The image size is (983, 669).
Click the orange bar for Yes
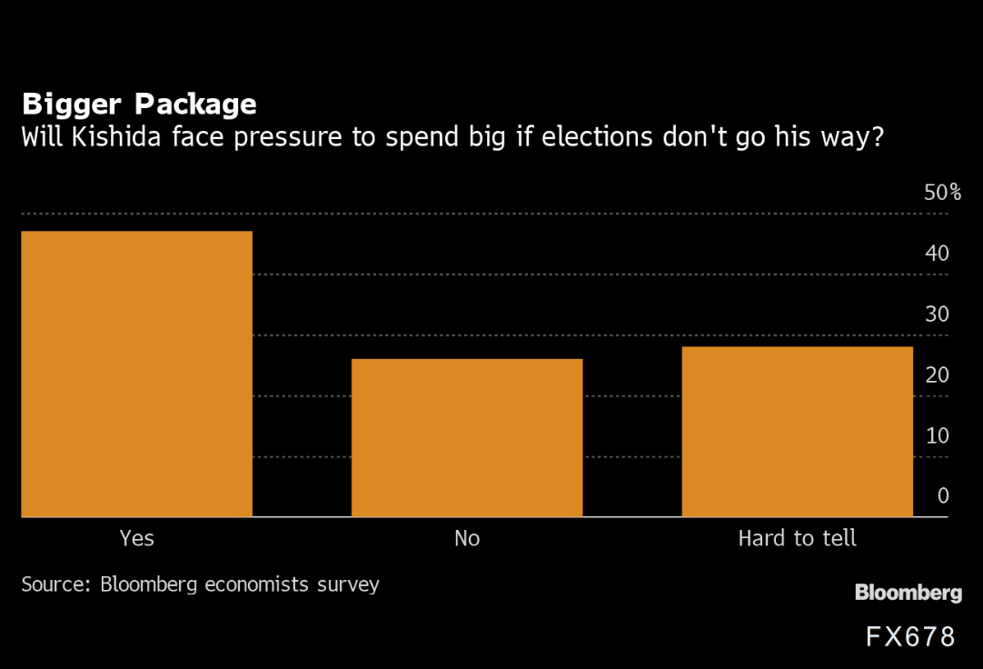(136, 374)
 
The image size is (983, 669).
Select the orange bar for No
(467, 437)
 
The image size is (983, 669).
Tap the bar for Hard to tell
(797, 431)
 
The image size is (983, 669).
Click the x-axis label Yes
(137, 538)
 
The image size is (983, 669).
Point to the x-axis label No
(467, 538)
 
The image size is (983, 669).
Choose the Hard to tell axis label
(797, 538)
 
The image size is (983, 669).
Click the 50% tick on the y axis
(942, 193)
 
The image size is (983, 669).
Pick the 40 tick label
(937, 254)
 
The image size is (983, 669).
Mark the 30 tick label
(937, 315)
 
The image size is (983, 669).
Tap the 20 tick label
(937, 374)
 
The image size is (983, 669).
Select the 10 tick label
(937, 435)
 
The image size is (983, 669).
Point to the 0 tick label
(943, 495)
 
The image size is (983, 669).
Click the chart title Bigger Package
(139, 105)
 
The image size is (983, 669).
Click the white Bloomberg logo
(908, 593)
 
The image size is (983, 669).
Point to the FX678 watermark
(909, 636)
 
